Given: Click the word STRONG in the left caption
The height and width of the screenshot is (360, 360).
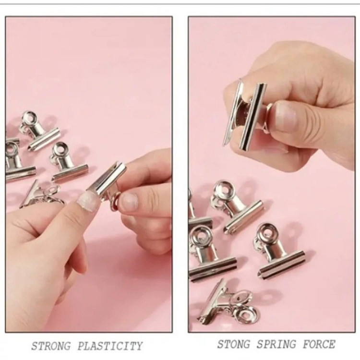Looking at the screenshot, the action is (x=51, y=346).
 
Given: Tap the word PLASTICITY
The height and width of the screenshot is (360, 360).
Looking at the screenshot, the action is (x=110, y=346).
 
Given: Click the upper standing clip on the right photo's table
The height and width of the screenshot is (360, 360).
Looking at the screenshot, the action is (x=237, y=206).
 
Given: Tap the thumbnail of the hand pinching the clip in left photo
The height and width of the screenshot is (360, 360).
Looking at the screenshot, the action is (x=129, y=201).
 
